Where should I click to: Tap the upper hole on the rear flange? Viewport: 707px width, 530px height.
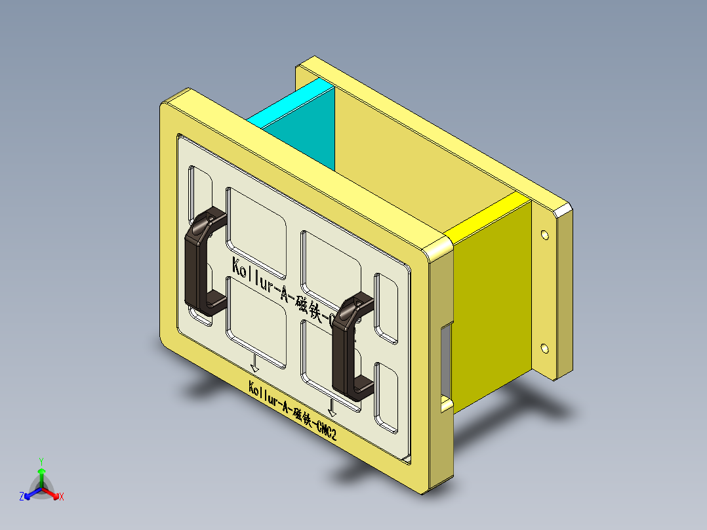coord(544,234)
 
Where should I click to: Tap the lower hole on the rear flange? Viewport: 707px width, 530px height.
coord(544,348)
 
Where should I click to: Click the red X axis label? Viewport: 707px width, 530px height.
coord(62,497)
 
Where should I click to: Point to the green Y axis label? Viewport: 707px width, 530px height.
coord(41,461)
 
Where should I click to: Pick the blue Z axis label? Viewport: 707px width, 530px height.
coord(22,497)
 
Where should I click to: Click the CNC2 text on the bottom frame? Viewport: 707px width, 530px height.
coord(327,430)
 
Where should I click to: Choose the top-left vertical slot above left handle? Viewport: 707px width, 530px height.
coord(200,187)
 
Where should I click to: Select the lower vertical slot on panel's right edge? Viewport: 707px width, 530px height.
coord(386,397)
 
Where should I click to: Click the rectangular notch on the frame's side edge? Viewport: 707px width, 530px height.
coord(446,364)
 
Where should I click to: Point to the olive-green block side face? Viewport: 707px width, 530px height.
coord(492,295)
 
